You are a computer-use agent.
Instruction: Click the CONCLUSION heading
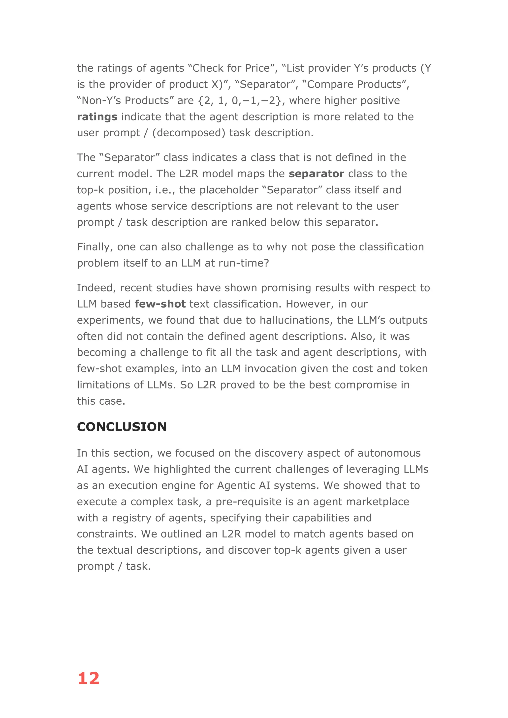[122, 427]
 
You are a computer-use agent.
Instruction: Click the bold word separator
[316, 174]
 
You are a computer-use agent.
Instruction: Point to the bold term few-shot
[160, 304]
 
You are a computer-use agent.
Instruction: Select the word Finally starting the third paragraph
[95, 247]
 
